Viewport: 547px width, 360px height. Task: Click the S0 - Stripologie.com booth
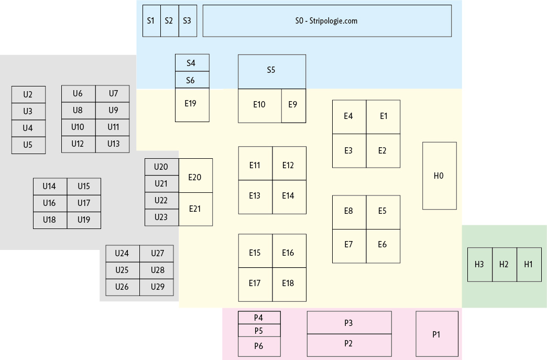tap(326, 21)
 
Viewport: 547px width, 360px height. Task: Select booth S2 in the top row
tap(169, 21)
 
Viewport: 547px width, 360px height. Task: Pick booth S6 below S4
tap(192, 80)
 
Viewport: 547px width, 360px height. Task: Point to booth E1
tap(383, 117)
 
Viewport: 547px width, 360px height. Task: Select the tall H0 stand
tap(439, 176)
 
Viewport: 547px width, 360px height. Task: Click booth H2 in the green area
tap(504, 265)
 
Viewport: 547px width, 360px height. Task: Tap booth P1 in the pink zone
tap(436, 334)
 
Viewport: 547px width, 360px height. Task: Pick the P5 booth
tap(259, 331)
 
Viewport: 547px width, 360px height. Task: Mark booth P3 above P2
tap(349, 323)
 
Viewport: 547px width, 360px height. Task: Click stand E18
tap(289, 284)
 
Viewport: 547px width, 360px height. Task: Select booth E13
tap(255, 197)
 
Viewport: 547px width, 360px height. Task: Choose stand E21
tap(195, 209)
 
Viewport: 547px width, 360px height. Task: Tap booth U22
tap(161, 201)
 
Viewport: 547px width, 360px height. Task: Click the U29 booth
tap(157, 287)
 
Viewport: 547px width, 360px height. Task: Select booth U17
tap(84, 203)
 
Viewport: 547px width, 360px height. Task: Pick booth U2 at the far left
tap(28, 95)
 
